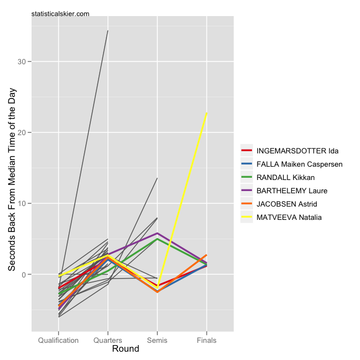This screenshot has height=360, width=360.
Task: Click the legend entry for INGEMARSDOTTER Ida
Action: tap(297, 151)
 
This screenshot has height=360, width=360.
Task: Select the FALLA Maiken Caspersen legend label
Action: tap(300, 164)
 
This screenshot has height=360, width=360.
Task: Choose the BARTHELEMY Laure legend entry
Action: tap(292, 191)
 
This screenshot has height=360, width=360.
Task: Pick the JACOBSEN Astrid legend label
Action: tap(287, 204)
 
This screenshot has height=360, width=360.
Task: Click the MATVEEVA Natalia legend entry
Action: tap(289, 217)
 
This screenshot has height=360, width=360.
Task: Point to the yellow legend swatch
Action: tap(246, 217)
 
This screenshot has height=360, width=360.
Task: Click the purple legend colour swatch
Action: tap(246, 191)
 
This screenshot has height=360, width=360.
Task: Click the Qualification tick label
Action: tap(58, 340)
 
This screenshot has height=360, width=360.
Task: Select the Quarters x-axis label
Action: tap(107, 340)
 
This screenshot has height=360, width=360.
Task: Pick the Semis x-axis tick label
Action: tap(157, 340)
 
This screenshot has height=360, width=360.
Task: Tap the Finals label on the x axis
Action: tap(207, 340)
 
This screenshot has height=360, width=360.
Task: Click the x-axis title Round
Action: tap(126, 349)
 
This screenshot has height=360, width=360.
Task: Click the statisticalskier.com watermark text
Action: tap(61, 14)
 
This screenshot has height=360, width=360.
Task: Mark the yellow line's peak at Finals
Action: tap(207, 114)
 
